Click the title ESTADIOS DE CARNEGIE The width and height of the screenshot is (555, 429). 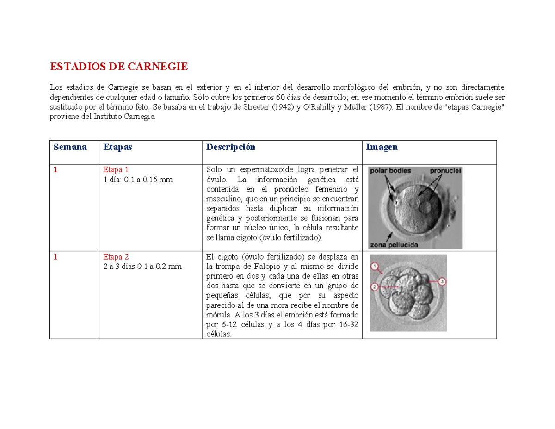[x=119, y=67]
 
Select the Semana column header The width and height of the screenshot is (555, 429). [x=70, y=147]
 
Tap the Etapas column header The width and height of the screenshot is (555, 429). [x=117, y=147]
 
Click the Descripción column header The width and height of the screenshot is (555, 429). [x=231, y=147]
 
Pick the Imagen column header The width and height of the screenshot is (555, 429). [x=382, y=147]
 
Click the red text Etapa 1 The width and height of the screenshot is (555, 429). [x=116, y=170]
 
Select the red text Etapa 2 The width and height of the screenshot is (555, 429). [x=116, y=257]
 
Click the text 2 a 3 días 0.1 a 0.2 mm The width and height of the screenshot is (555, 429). [x=142, y=267]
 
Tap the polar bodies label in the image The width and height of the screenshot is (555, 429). [x=389, y=170]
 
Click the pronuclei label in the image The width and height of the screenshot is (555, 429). [x=445, y=170]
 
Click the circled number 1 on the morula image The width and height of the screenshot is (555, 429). [x=375, y=267]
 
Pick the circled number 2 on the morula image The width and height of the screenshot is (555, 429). [x=375, y=287]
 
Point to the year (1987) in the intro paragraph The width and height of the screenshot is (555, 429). [x=379, y=107]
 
